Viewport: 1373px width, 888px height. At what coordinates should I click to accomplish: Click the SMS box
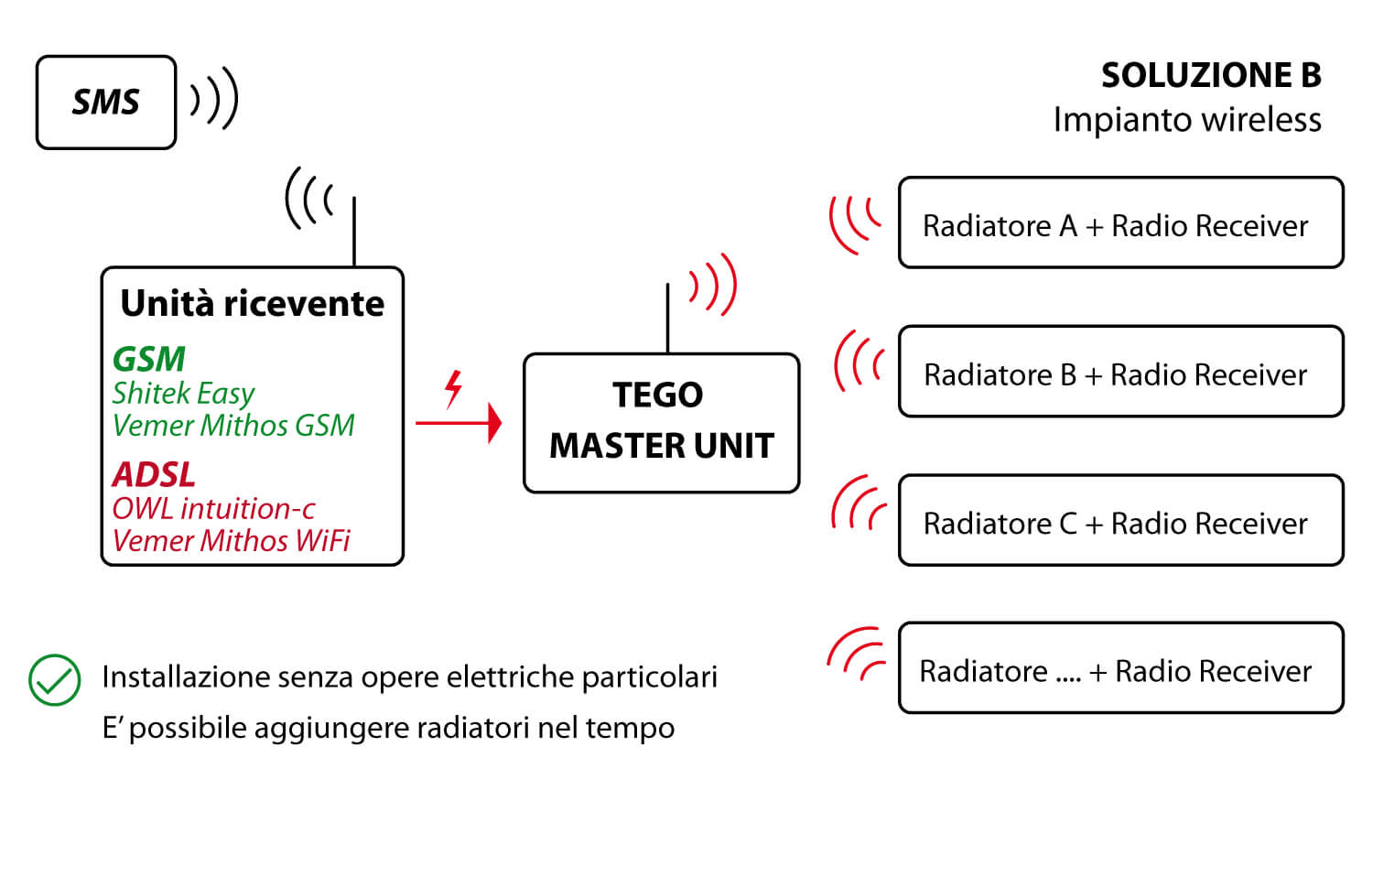[106, 103]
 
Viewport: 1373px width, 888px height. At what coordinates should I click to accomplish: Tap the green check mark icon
[55, 680]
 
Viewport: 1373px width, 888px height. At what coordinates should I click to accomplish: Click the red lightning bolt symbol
[454, 389]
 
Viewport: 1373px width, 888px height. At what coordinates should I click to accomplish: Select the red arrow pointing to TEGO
[459, 423]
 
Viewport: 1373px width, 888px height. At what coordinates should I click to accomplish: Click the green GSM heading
[149, 359]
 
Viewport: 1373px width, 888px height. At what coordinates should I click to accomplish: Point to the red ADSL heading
[154, 474]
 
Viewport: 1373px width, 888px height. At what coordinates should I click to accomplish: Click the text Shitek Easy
[183, 394]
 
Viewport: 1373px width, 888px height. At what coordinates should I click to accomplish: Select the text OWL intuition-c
[213, 509]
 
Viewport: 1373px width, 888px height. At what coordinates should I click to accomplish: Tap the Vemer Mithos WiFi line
[231, 541]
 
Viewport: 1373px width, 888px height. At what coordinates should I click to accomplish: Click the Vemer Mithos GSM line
[233, 426]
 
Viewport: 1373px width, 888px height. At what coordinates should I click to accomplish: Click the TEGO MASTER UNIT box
[662, 423]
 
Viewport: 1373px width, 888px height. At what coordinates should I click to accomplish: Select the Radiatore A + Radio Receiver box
[1121, 222]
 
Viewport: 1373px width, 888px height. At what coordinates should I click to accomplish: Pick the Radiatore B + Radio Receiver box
[1121, 372]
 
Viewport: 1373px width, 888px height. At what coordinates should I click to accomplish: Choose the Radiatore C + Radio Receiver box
[1121, 520]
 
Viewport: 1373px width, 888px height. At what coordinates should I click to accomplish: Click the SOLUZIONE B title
[1211, 75]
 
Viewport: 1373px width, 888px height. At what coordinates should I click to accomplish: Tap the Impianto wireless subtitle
[1187, 120]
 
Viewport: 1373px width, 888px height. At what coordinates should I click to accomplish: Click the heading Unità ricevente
[252, 303]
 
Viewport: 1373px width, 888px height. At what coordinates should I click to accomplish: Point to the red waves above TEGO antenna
[713, 285]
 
